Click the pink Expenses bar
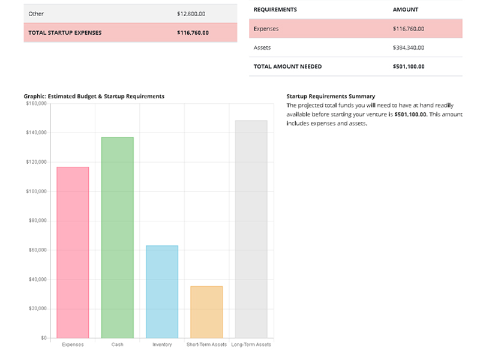tap(73, 252)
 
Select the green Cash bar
tap(117, 238)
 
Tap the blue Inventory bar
tap(162, 292)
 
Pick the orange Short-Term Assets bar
tap(206, 312)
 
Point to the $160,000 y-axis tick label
tap(36, 103)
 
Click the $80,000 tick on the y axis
tap(38, 221)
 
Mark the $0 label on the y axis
tap(43, 338)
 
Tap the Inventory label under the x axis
tap(162, 345)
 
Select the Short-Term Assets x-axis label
tap(206, 345)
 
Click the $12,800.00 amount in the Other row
tap(191, 13)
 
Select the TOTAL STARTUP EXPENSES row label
tap(65, 32)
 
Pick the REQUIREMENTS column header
tap(275, 10)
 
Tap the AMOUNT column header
tap(406, 10)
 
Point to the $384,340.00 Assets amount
tap(408, 47)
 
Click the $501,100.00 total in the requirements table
tap(408, 67)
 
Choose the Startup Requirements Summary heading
tap(331, 96)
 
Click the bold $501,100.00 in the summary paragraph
tap(410, 114)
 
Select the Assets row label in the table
tap(262, 47)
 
